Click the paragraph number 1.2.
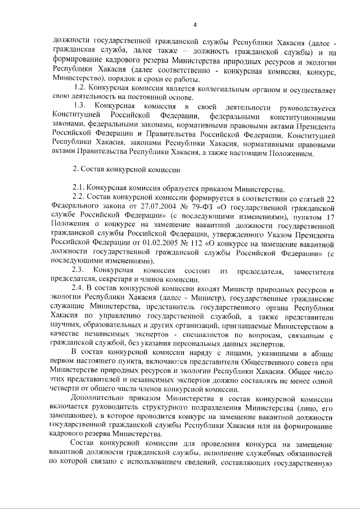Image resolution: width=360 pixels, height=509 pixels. (80, 89)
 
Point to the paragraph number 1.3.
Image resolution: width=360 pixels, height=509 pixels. (80, 106)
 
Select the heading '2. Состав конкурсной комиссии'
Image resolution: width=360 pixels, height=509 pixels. (127, 169)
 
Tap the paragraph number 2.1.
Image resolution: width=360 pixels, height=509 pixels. (79, 188)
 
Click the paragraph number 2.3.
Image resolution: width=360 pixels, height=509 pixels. (79, 272)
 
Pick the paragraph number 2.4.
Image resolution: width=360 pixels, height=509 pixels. (79, 289)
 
